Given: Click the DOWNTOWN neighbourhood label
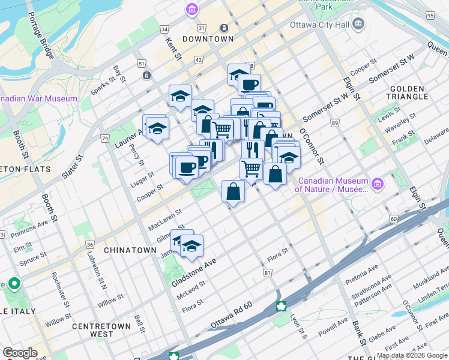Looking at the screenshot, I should click(x=208, y=39).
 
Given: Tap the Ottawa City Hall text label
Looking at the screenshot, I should click(x=319, y=25).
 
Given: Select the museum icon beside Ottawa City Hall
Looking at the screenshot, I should click(x=359, y=25).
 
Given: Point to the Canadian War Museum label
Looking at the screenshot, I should click(x=38, y=98).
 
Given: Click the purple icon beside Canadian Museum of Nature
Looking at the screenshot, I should click(x=378, y=183).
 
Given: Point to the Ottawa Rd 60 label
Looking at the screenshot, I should click(x=239, y=315).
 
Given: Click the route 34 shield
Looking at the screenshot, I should click(x=164, y=29).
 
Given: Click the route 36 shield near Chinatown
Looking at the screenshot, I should click(x=90, y=244).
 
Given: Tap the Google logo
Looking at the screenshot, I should click(x=20, y=353).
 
